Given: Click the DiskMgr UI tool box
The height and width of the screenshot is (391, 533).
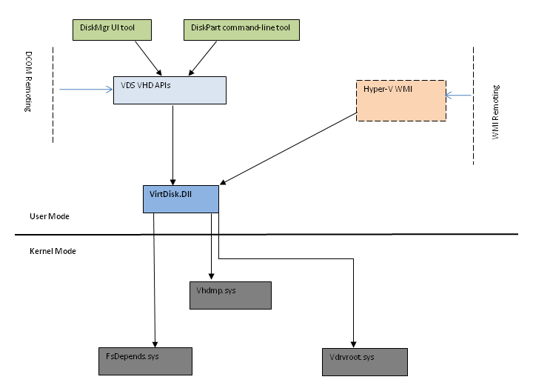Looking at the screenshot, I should (111, 30).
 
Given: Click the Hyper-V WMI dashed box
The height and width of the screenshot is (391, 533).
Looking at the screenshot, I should (403, 100).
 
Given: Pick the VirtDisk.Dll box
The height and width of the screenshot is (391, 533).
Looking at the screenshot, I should (181, 198).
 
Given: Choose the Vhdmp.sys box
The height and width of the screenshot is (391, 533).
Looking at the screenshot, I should (231, 293).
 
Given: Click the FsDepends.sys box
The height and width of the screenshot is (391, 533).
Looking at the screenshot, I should (145, 360).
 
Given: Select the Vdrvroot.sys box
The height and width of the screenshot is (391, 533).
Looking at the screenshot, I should (365, 361).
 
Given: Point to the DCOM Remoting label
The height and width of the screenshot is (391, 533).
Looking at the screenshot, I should (29, 83).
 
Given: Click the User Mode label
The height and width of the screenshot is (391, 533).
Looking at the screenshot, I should (48, 216).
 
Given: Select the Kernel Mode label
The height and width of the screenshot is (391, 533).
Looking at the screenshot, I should (53, 251).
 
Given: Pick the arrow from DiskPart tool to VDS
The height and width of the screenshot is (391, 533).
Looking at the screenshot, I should (204, 58).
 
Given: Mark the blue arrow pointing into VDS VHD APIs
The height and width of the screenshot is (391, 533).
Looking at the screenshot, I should (85, 90).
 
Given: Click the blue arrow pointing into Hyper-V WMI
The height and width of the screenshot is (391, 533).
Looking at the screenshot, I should (460, 96).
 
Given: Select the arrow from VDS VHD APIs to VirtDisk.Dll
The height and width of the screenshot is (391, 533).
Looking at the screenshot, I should (173, 144).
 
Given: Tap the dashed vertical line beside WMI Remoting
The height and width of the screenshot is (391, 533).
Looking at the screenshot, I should (473, 104).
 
